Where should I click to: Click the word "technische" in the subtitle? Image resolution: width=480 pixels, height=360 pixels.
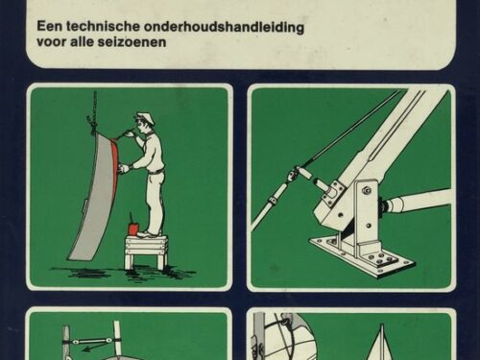(x=103, y=27)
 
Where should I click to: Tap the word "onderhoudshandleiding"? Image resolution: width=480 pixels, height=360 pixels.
(x=224, y=27)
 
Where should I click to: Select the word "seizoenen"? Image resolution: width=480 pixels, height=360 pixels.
(x=132, y=42)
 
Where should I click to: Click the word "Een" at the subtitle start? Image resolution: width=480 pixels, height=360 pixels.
(x=49, y=27)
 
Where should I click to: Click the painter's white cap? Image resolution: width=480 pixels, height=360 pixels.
(x=142, y=115)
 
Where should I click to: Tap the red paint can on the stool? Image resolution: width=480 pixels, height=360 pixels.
(x=133, y=228)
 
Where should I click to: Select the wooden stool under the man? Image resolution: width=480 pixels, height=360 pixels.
(x=146, y=252)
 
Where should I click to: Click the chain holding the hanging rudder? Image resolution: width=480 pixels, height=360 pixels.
(x=95, y=108)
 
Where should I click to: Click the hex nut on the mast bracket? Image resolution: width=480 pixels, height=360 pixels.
(x=368, y=191)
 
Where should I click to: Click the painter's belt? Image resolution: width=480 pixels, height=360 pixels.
(x=156, y=173)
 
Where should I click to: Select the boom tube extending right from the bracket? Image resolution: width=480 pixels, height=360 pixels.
(x=419, y=201)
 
